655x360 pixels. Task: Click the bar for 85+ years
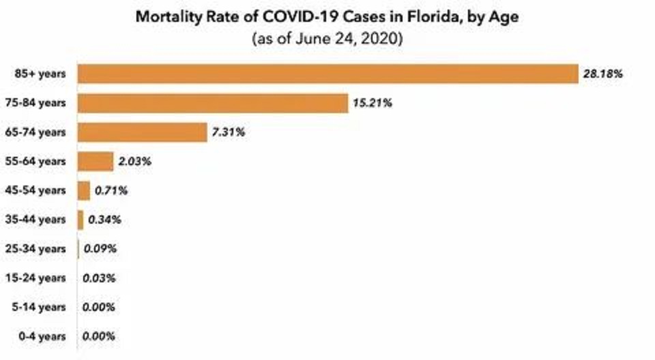point(327,74)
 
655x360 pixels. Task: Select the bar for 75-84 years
point(213,103)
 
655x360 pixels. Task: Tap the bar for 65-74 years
point(143,132)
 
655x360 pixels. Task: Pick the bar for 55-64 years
point(96,162)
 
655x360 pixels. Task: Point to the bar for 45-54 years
point(84,191)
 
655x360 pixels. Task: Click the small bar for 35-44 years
point(81,220)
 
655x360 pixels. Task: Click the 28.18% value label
point(602,74)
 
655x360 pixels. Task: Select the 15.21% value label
point(372,103)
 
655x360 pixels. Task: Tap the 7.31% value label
point(228,132)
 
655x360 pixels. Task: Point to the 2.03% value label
point(134,162)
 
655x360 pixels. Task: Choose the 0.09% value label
point(100,249)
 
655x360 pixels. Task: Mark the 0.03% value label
point(99,278)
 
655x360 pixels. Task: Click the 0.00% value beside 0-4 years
point(99,336)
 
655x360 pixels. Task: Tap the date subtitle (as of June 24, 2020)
point(328,38)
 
